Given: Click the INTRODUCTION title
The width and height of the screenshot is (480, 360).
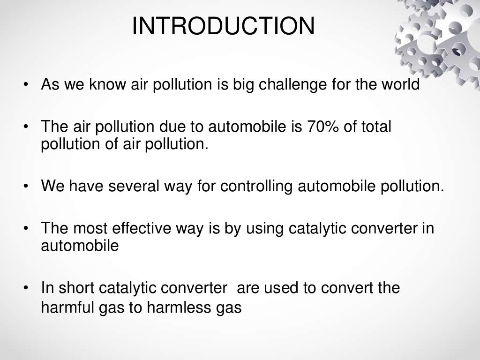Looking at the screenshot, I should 223,26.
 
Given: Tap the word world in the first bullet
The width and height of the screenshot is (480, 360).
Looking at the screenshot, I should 399,85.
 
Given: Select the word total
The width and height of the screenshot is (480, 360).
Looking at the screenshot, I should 376,127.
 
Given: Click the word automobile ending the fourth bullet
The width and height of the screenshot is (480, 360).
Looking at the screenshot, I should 80,246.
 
